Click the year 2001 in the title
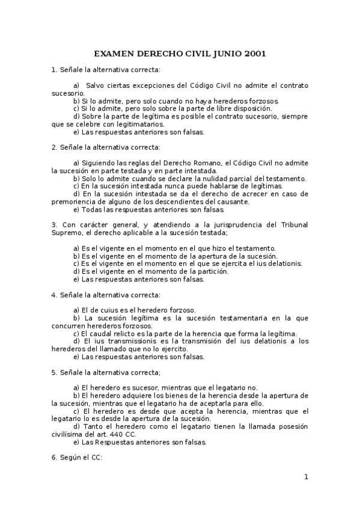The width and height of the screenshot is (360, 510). tap(253, 54)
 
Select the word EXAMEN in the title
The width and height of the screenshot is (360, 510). tap(117, 54)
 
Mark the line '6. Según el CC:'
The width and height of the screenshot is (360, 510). tap(77, 458)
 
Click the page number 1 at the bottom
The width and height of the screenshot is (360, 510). tap(306, 477)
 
